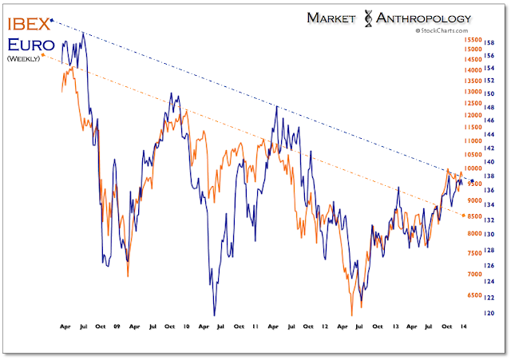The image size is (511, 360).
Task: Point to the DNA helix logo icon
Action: pos(369,17)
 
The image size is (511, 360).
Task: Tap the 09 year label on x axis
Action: pos(117,327)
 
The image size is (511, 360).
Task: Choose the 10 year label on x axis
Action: pos(186,327)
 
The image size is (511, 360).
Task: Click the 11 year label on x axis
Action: pos(255,327)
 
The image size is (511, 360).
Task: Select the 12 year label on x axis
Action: pos(324,327)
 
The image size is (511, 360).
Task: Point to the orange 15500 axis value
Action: pos(473,39)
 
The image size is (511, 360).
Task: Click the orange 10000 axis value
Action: pos(473,168)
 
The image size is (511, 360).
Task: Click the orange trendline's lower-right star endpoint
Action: pos(464,216)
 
